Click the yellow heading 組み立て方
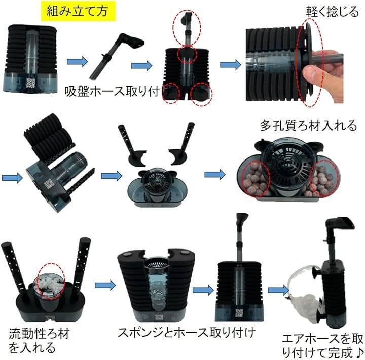pos(77,11)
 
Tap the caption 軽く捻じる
pos(332,12)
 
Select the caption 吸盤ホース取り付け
pos(112,91)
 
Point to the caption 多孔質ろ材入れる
pos(308,126)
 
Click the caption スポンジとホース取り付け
pos(187,333)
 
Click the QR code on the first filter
pos(30,83)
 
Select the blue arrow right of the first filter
pos(77,62)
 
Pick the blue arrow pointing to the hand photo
pos(231,64)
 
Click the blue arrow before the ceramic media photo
pos(214,174)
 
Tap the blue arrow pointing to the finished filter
pos(278,290)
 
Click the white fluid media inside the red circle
pos(51,286)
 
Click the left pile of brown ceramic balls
pos(256,180)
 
